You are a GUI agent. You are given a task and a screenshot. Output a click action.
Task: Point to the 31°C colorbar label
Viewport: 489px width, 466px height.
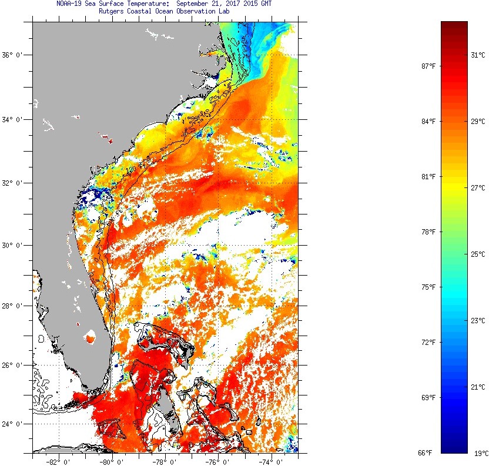pyautogui.click(x=478, y=55)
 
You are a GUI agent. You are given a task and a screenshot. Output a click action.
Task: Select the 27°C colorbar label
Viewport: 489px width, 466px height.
pyautogui.click(x=478, y=188)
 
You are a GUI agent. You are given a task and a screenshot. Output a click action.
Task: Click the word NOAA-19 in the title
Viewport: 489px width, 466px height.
pyautogui.click(x=69, y=4)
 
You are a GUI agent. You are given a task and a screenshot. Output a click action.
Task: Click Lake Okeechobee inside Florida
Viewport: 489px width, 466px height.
pyautogui.click(x=91, y=338)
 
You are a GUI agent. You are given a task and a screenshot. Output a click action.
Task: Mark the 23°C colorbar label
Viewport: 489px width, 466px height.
pyautogui.click(x=478, y=321)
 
